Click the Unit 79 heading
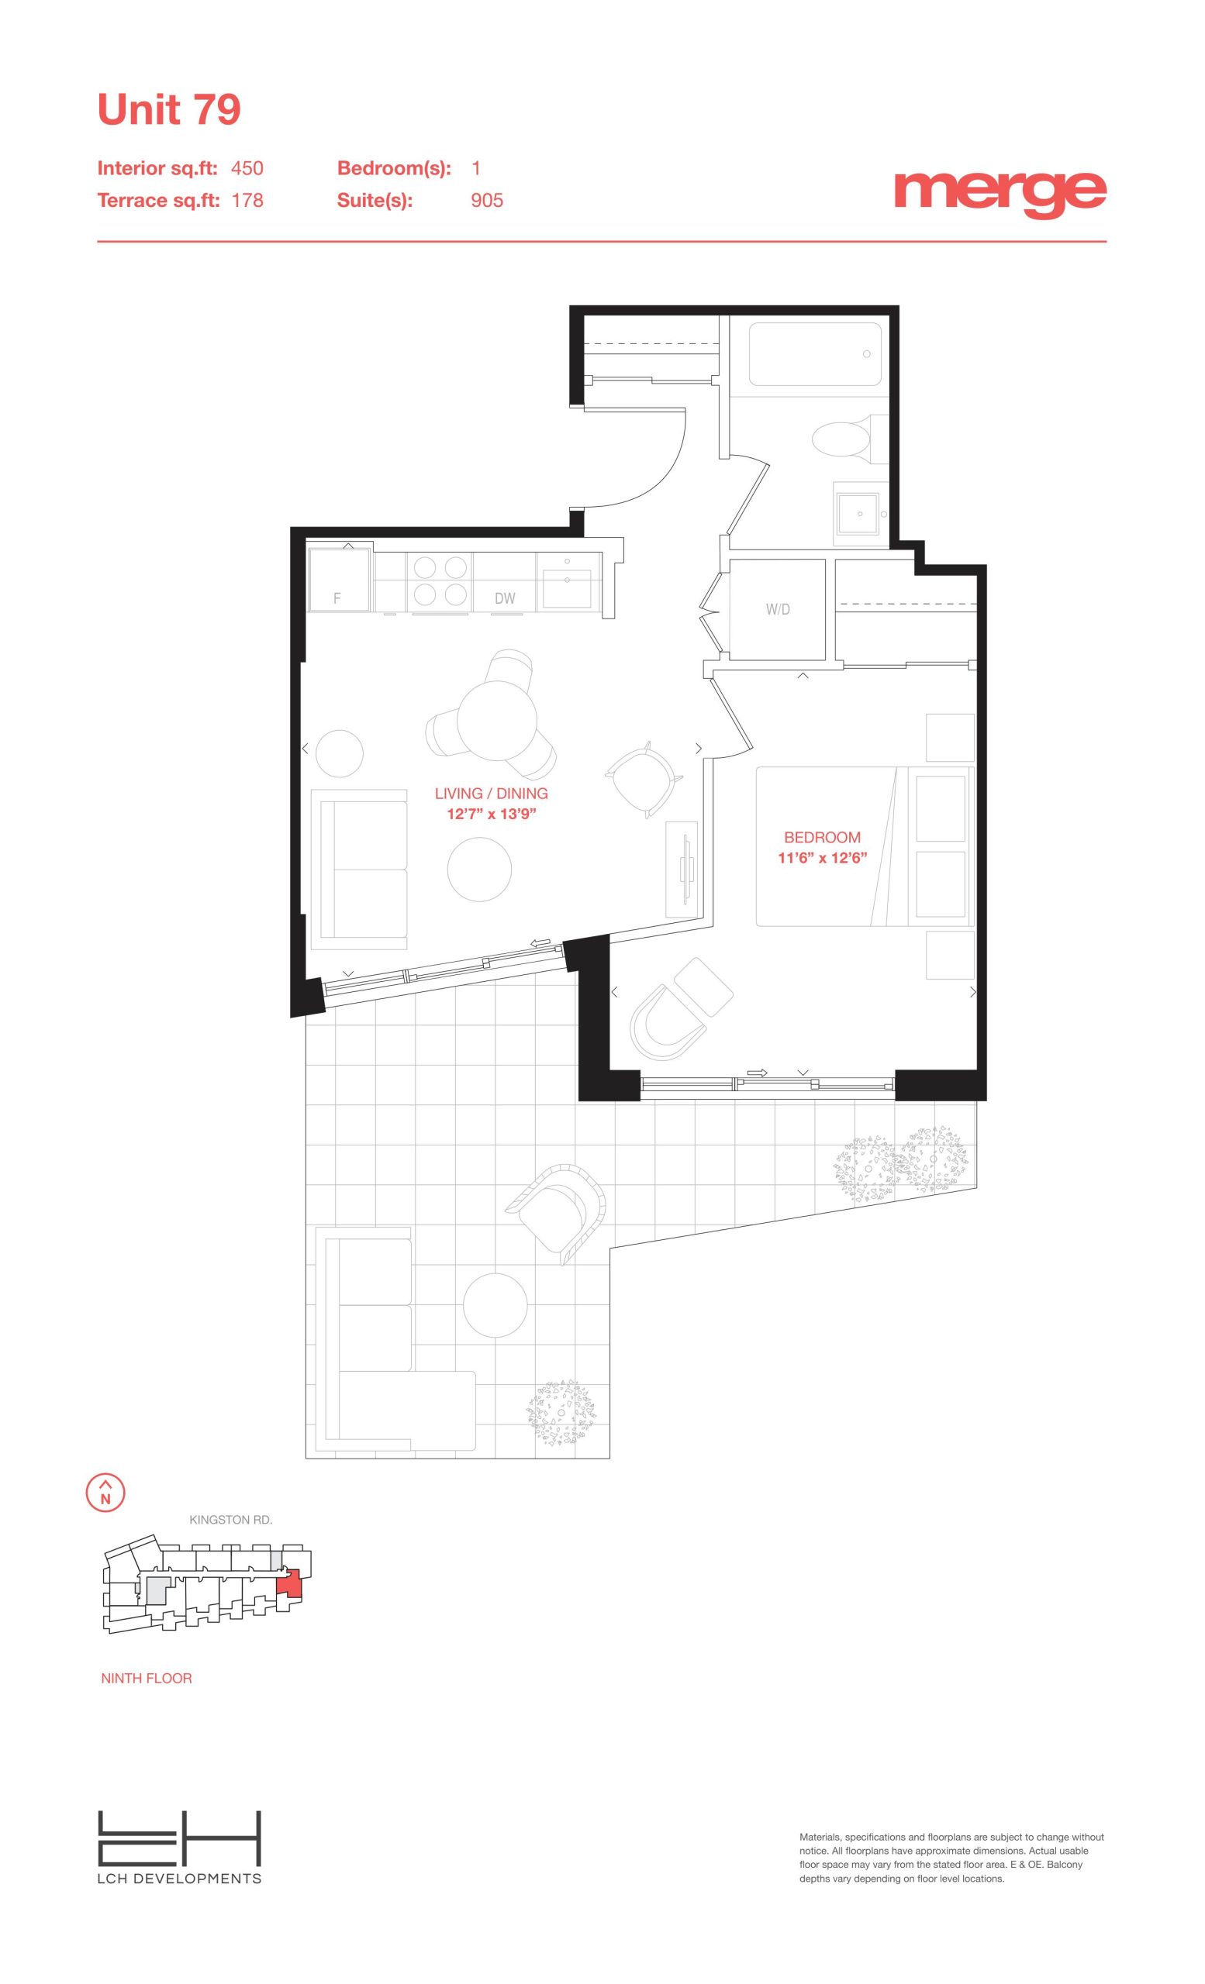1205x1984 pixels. [168, 109]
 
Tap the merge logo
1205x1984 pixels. [1000, 193]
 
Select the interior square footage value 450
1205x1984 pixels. [247, 168]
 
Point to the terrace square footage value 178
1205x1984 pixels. [247, 201]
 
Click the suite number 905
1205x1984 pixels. [486, 201]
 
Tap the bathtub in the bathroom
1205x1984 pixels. [814, 354]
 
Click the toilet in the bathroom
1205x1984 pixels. [842, 439]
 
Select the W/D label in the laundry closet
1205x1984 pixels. [777, 609]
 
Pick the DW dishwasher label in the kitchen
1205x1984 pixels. [505, 598]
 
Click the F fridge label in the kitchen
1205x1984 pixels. [337, 599]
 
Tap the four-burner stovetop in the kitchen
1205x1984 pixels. [440, 581]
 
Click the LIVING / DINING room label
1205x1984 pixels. [492, 793]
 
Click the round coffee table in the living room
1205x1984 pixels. [479, 870]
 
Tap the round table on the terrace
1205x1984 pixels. [495, 1305]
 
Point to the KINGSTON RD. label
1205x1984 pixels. [230, 1521]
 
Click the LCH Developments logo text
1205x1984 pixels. [180, 1879]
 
